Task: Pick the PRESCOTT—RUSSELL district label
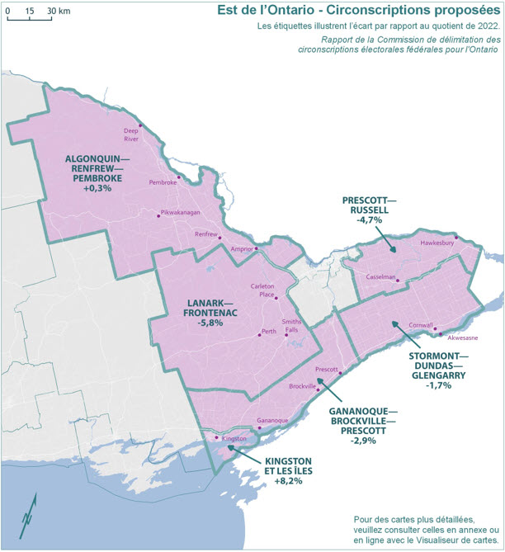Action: point(373,210)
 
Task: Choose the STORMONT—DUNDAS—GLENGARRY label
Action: point(437,370)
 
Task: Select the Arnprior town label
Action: point(241,248)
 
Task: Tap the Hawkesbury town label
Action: point(437,243)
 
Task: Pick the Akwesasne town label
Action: point(462,337)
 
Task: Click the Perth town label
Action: point(268,332)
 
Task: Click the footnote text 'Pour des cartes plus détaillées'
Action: point(425,518)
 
